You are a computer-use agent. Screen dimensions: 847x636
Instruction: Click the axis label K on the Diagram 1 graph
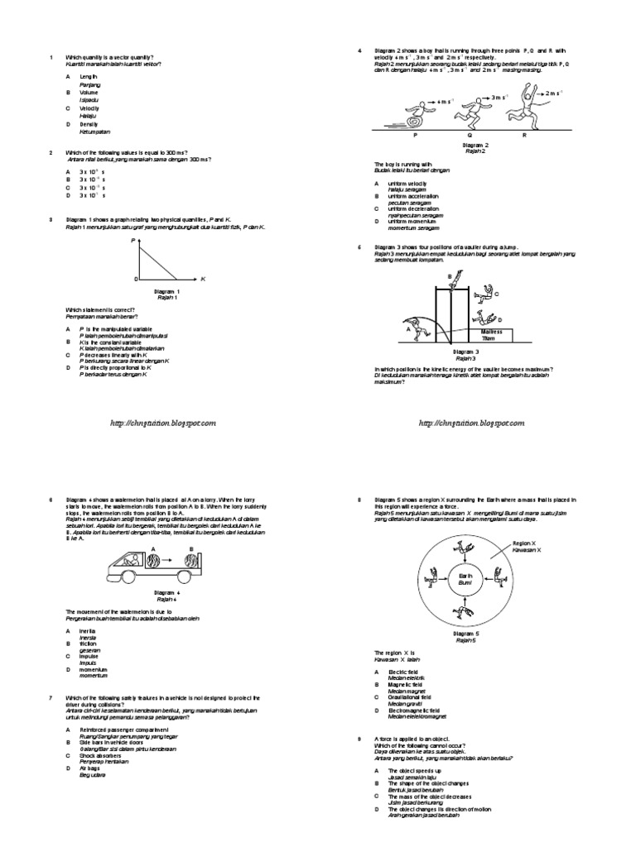[202, 280]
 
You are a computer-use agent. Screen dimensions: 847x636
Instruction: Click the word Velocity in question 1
[89, 108]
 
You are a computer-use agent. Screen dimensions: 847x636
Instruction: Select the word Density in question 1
[89, 124]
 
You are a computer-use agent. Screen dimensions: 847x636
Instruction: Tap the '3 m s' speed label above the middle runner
[498, 98]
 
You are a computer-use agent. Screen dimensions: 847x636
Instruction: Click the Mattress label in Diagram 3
[491, 331]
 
